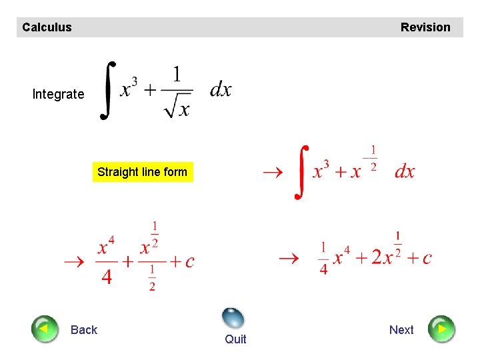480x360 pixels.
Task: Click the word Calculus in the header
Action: point(47,27)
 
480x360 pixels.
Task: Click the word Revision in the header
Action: point(425,27)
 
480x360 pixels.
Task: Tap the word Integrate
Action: point(59,94)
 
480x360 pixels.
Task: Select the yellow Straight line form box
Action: point(143,172)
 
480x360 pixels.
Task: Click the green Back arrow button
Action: point(45,329)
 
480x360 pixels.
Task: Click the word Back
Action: point(84,330)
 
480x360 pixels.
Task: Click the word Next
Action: point(401,330)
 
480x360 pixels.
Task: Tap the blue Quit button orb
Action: point(233,318)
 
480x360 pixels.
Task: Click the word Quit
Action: point(235,339)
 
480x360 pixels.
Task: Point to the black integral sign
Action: point(107,91)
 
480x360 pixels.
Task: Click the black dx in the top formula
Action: point(221,89)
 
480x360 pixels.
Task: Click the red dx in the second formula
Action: point(405,171)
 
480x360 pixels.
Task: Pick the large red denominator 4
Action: point(107,277)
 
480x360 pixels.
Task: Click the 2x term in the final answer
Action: point(383,257)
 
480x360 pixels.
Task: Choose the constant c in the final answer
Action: point(427,258)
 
